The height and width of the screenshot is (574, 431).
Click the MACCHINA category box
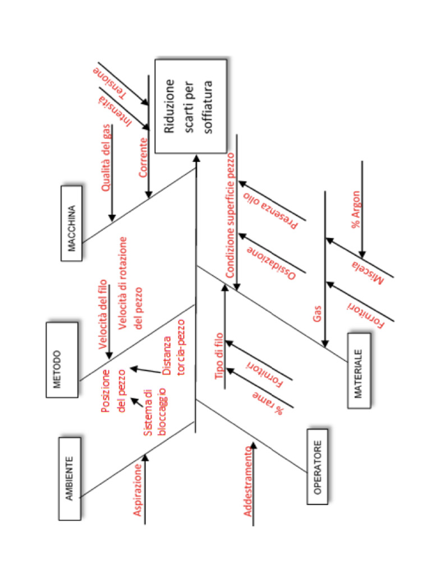click(x=71, y=223)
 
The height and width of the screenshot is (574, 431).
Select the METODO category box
click(x=62, y=359)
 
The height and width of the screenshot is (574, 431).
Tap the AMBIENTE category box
click(x=70, y=478)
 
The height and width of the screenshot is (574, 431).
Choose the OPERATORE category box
click(x=317, y=466)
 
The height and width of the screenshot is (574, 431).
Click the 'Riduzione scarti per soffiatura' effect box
click(x=190, y=107)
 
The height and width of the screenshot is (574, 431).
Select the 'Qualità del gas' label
click(x=106, y=158)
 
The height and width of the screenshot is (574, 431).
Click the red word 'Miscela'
click(x=368, y=272)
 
